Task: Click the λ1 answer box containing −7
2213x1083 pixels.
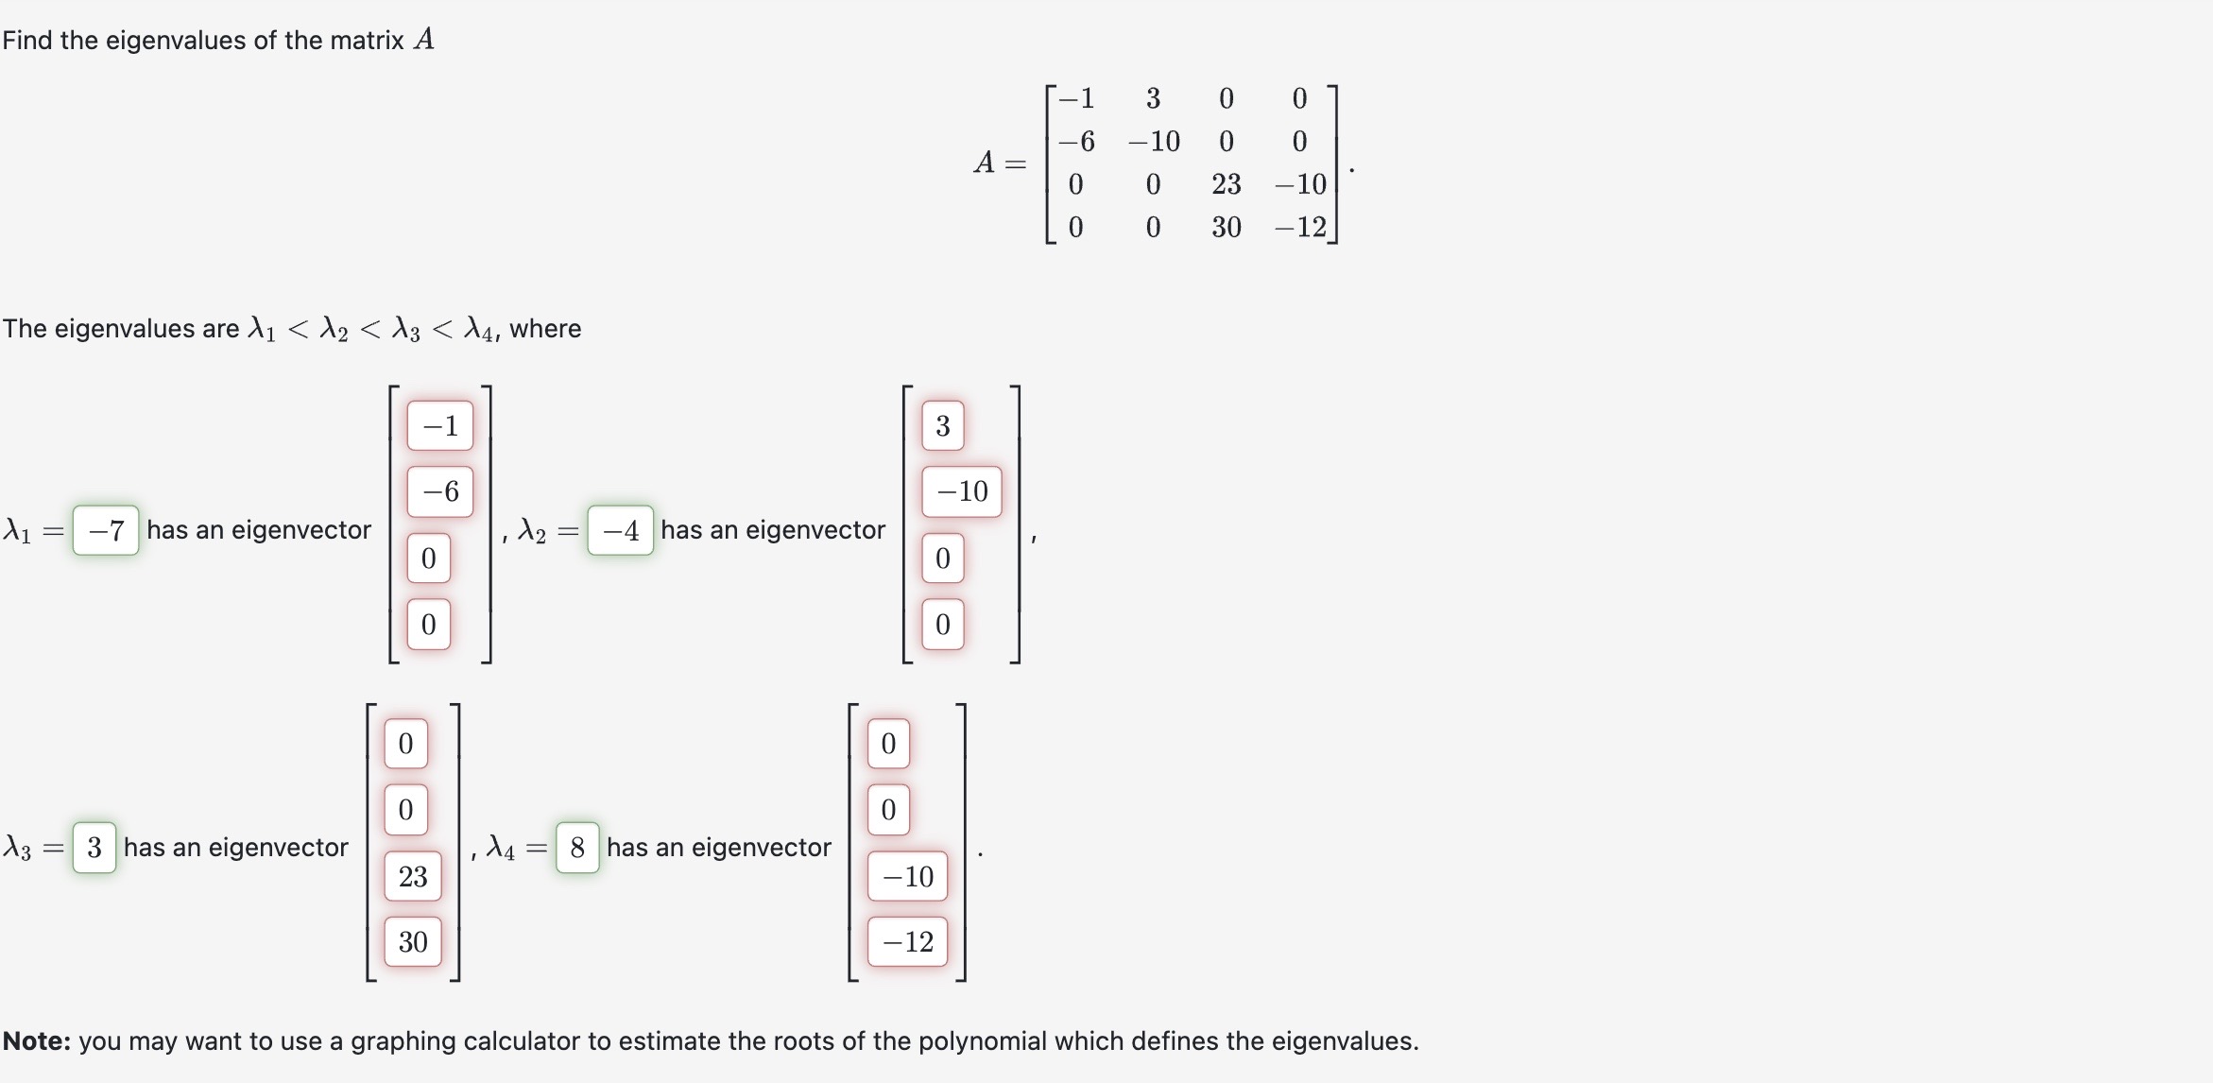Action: [106, 530]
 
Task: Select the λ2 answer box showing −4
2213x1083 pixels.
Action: [620, 530]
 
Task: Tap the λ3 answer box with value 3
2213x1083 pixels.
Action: [94, 848]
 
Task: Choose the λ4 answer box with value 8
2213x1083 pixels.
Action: [577, 848]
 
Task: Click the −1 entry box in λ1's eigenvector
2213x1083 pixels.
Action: [440, 425]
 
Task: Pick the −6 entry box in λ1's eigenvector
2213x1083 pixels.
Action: [440, 491]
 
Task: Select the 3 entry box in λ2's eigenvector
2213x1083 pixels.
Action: [942, 425]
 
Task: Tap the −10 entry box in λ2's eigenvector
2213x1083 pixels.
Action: [961, 491]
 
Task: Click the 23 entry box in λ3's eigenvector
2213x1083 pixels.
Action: [413, 876]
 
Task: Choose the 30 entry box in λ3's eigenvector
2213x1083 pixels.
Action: [413, 941]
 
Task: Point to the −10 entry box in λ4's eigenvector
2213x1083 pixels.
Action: [907, 876]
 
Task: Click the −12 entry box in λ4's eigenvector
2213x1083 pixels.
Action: [907, 941]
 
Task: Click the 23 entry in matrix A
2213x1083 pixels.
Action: [1226, 184]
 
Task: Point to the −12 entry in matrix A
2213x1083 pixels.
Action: [1300, 227]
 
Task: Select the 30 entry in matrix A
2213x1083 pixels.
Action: [1226, 227]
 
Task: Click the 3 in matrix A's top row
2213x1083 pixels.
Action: [1153, 98]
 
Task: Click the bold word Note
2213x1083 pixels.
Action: [37, 1041]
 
